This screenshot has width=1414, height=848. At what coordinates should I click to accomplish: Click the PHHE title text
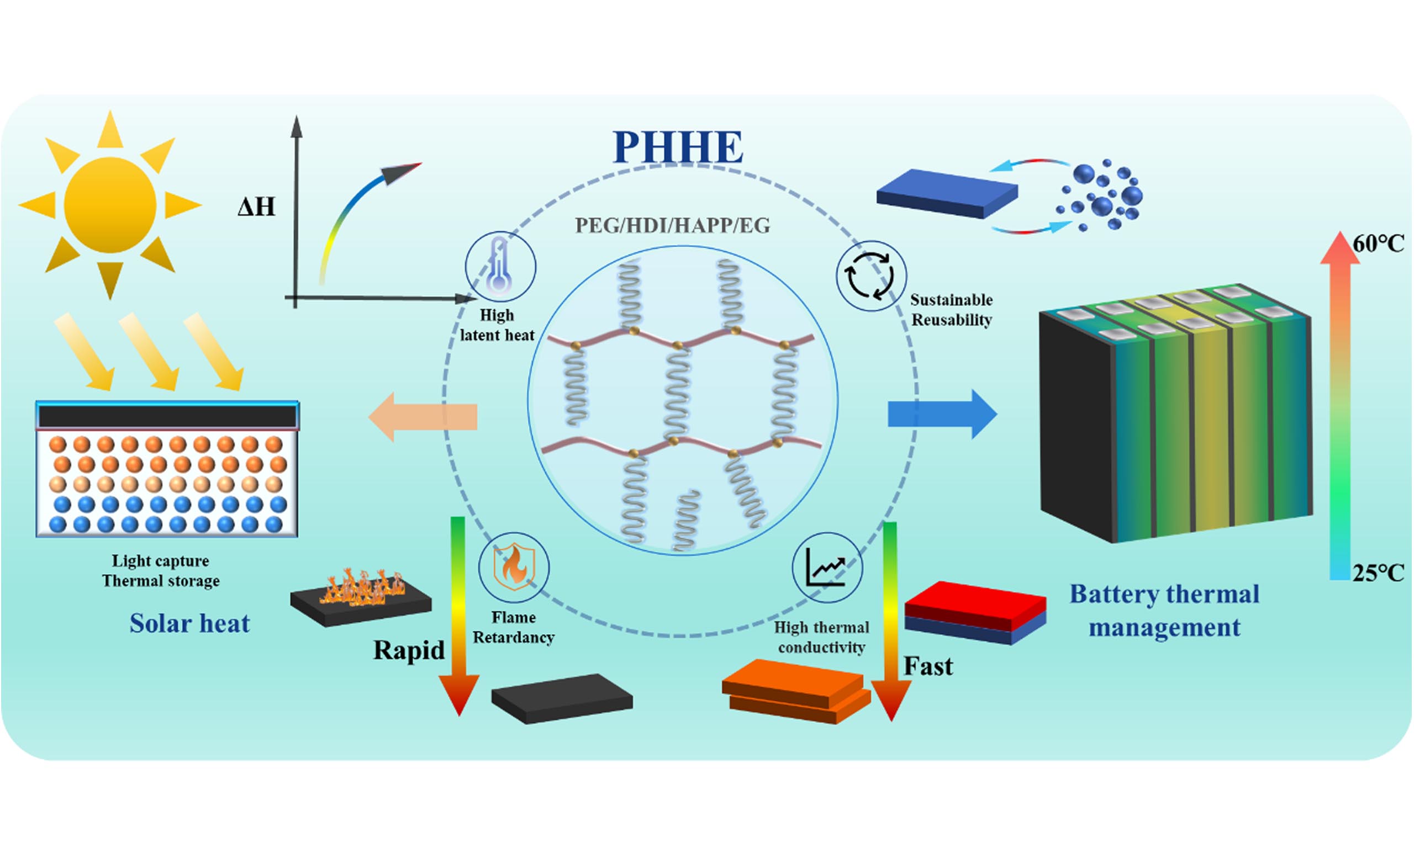pos(678,147)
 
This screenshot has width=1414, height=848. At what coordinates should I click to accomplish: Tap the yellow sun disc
pos(110,205)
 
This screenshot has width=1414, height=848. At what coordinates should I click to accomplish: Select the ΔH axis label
pos(257,206)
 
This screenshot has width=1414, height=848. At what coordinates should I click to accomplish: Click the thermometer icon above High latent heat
pos(499,266)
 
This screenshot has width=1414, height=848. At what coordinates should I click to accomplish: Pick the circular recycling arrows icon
pos(871,276)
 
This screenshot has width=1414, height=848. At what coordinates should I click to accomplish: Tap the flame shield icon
pos(514,568)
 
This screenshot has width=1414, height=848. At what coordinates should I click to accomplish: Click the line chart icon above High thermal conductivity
pos(827,568)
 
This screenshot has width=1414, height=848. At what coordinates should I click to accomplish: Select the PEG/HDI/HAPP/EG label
pos(673,226)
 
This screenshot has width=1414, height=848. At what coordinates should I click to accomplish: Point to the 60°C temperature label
pos(1378,244)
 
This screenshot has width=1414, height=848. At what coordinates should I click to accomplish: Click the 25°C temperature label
pos(1378,573)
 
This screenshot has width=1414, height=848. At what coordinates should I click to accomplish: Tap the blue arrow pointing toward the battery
pos(942,414)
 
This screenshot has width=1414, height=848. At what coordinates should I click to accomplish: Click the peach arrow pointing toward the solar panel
pos(423,417)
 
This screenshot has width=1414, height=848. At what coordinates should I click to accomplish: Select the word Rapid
pos(409,650)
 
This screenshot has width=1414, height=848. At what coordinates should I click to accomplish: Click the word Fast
pos(928,666)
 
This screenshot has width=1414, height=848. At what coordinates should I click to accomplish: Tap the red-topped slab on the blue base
pos(975,613)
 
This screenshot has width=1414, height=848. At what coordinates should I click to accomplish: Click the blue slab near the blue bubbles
pos(947,193)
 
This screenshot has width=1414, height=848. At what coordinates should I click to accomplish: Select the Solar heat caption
pos(190,623)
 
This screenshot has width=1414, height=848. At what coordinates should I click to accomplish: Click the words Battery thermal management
pos(1164,611)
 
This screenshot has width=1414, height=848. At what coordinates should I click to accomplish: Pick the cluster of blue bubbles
pos(1099,195)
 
